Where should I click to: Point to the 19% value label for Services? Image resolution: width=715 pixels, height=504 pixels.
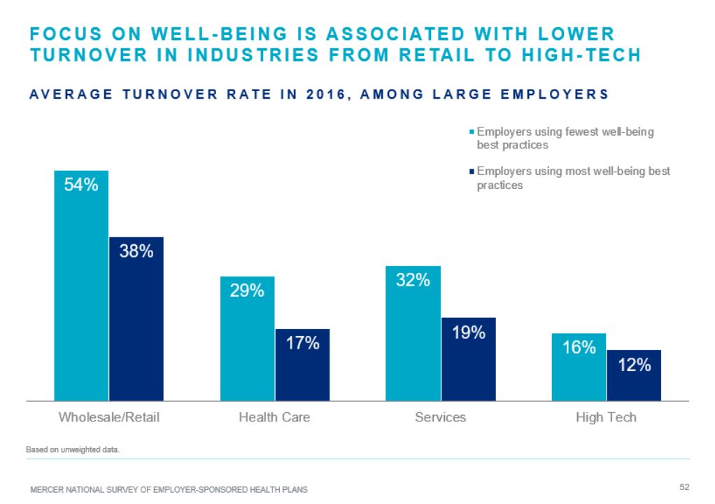[468, 332]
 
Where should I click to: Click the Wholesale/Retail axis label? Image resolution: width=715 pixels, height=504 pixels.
[109, 417]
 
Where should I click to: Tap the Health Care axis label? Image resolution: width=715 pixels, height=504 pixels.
[274, 417]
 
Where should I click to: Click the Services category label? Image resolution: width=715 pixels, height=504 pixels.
[440, 417]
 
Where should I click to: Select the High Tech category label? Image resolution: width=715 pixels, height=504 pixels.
[606, 417]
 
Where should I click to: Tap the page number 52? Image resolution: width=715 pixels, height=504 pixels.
[684, 486]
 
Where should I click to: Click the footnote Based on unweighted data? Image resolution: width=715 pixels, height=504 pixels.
[73, 450]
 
